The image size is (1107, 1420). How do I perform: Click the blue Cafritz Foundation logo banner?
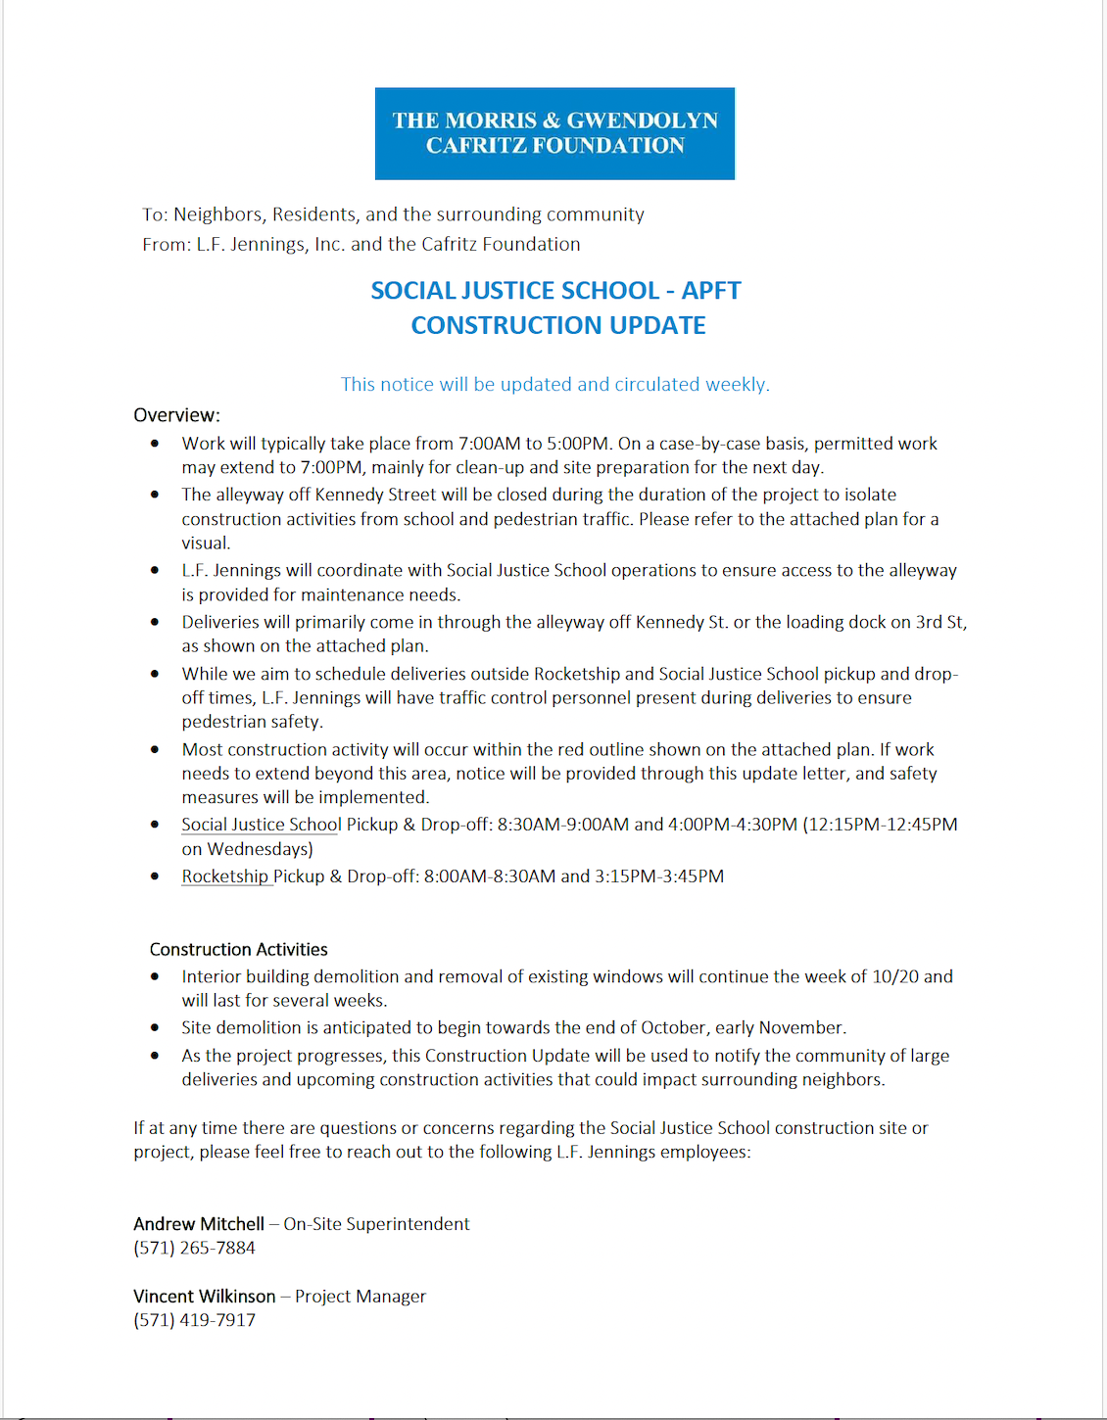tap(554, 133)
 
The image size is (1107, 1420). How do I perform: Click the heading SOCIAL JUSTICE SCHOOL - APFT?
tap(555, 291)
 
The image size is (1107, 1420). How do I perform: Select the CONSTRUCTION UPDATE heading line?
tap(557, 325)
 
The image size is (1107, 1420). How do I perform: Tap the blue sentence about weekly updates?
tap(554, 384)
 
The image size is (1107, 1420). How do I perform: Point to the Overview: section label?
tap(176, 415)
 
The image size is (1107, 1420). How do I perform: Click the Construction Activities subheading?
tap(238, 949)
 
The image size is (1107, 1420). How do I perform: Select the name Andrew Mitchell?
tap(199, 1224)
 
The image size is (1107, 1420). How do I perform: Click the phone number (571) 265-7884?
tap(194, 1248)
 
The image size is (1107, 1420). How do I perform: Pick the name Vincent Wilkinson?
tap(205, 1297)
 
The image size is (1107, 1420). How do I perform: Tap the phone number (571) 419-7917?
tap(194, 1320)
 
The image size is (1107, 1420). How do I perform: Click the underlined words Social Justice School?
tap(262, 825)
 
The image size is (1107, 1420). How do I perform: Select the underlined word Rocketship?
tap(224, 876)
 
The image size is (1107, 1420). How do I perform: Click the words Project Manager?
tap(361, 1297)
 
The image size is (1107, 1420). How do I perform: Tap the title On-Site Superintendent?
tap(376, 1224)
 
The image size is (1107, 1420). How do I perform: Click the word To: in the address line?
tap(155, 214)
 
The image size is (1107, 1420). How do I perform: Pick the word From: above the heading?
tap(166, 244)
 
